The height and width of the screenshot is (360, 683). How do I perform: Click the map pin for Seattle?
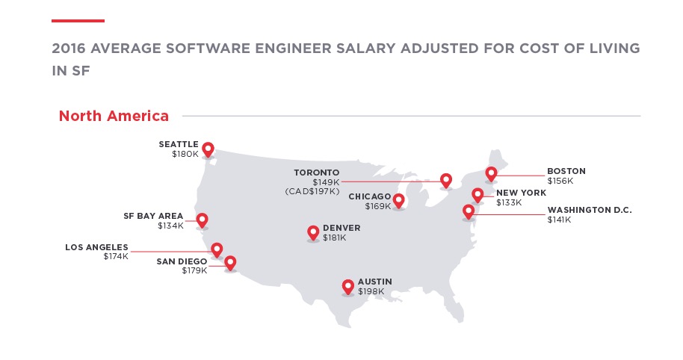click(x=208, y=149)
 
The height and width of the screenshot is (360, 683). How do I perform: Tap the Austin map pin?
click(x=347, y=286)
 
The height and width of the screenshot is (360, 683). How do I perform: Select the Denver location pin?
click(x=313, y=233)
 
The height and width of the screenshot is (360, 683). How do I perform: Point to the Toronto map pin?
click(x=446, y=180)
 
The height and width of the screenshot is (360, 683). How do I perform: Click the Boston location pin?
click(x=491, y=174)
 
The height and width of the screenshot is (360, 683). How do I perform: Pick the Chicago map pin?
click(x=399, y=200)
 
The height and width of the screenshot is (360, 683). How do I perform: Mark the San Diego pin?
click(x=230, y=262)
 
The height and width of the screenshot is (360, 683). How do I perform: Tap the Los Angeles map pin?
click(x=217, y=249)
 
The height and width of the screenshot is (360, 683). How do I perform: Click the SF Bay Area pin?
click(x=202, y=220)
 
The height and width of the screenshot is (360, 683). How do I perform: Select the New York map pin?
click(x=478, y=195)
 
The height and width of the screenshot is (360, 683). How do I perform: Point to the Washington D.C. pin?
click(x=469, y=211)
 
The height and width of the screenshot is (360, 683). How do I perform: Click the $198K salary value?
click(x=370, y=291)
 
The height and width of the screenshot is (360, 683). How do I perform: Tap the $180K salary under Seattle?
click(x=184, y=154)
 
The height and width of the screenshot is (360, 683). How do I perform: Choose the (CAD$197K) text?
click(x=312, y=192)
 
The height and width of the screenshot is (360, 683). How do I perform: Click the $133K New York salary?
click(x=510, y=202)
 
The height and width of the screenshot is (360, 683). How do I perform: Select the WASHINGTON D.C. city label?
click(x=590, y=210)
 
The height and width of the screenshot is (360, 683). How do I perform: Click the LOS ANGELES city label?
click(x=96, y=247)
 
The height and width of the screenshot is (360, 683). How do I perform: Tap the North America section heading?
click(x=114, y=116)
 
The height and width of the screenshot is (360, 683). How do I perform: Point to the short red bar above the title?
click(x=78, y=21)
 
